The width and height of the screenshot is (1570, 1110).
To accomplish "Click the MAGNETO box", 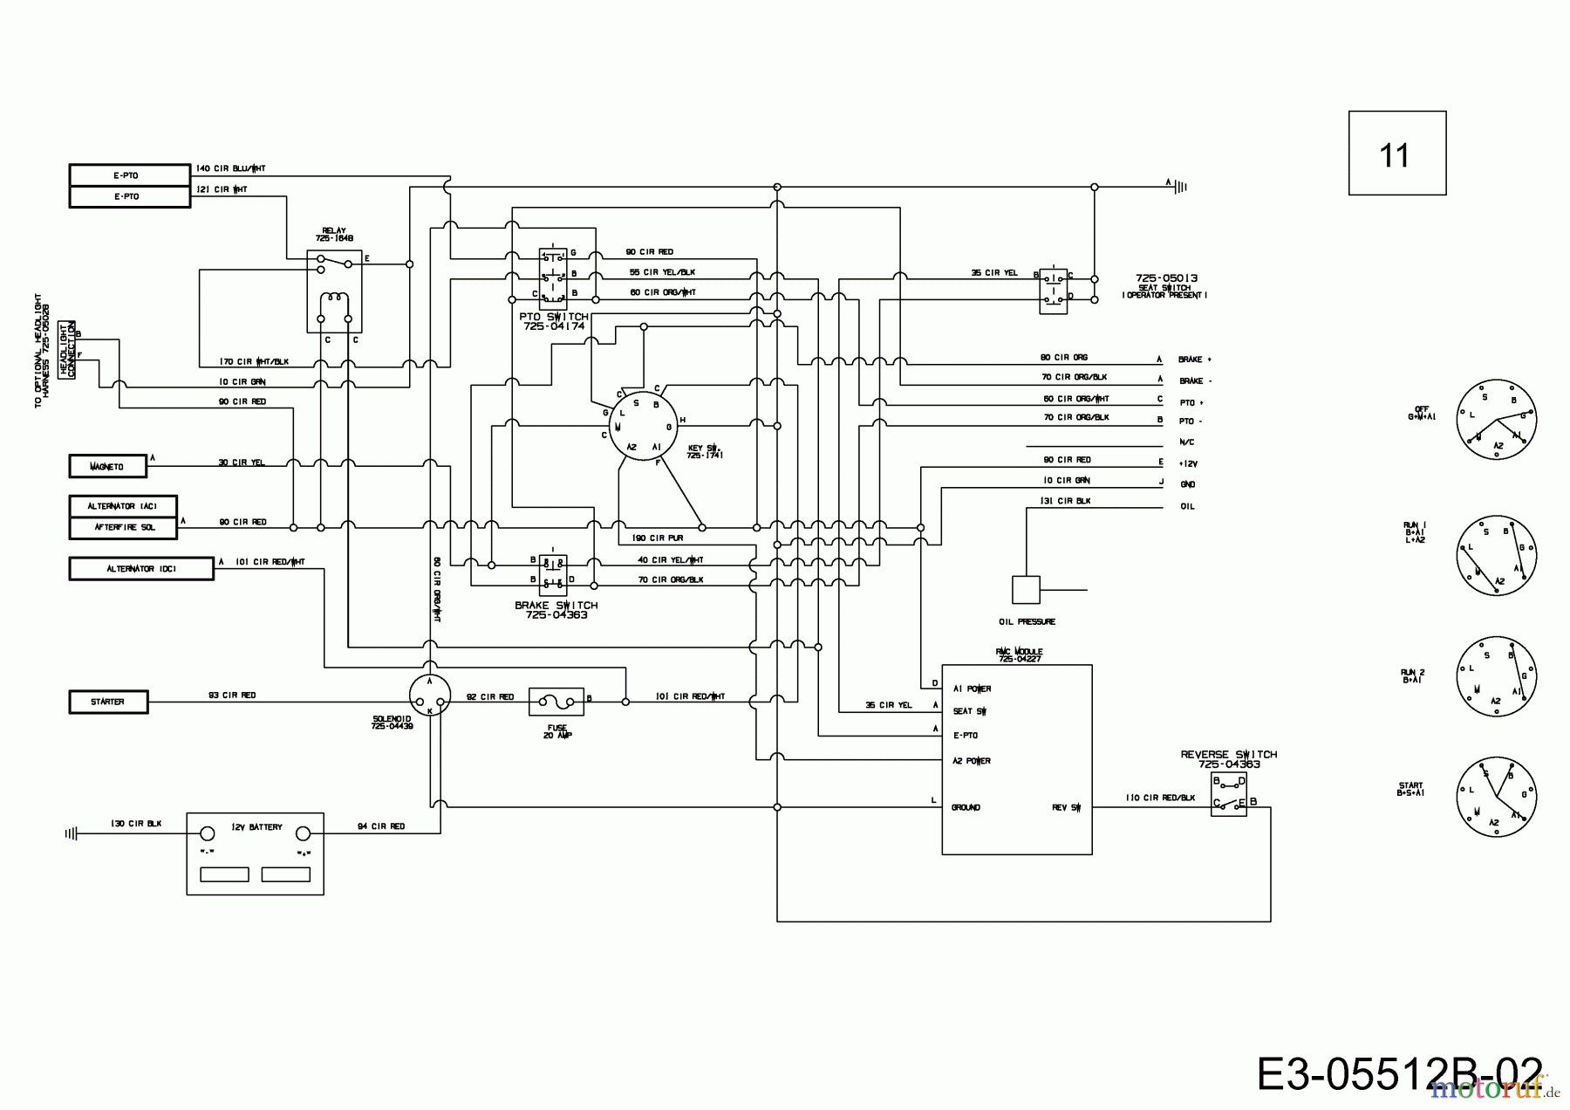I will pyautogui.click(x=108, y=467).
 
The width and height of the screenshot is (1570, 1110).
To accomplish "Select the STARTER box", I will pyautogui.click(x=108, y=702).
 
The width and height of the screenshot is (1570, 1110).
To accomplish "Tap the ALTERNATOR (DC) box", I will pyautogui.click(x=141, y=569).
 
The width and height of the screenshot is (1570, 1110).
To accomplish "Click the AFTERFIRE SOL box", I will pyautogui.click(x=123, y=528).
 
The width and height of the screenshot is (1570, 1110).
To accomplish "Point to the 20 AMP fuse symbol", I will pyautogui.click(x=556, y=701).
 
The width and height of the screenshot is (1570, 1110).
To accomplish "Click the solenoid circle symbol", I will pyautogui.click(x=430, y=695).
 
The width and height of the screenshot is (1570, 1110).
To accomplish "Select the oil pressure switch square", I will pyautogui.click(x=1026, y=590).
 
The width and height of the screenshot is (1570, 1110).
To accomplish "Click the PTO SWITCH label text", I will pyautogui.click(x=554, y=321).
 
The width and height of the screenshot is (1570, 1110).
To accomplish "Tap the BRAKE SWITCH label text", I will pyautogui.click(x=556, y=609).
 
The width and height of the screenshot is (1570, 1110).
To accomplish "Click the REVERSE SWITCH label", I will pyautogui.click(x=1228, y=758).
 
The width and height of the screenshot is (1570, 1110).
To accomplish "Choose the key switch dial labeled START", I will pyautogui.click(x=1497, y=797).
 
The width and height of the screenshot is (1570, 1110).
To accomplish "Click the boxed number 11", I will pyautogui.click(x=1396, y=154).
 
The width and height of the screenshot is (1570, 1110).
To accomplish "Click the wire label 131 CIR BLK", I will pyautogui.click(x=1065, y=501).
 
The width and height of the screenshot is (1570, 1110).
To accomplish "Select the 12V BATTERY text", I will pyautogui.click(x=256, y=826).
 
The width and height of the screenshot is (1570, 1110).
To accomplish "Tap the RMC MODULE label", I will pyautogui.click(x=1019, y=654).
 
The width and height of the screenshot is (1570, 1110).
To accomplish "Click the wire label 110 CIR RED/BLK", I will pyautogui.click(x=1160, y=798).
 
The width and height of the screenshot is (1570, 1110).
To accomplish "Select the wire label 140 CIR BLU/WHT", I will pyautogui.click(x=231, y=168).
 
